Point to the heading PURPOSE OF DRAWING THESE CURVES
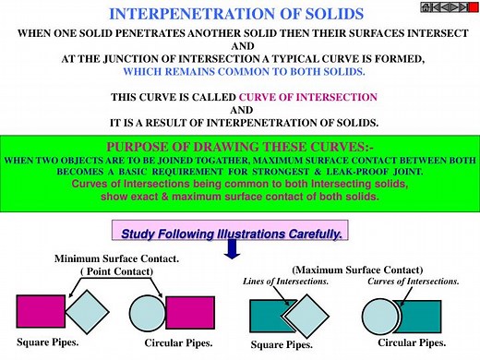pos(239,147)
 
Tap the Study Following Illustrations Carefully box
pos(232,234)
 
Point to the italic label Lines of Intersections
pos(285,281)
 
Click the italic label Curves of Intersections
pos(414,281)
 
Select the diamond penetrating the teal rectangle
pos(308,316)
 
